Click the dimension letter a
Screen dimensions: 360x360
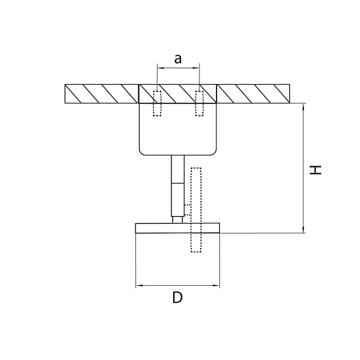(178, 58)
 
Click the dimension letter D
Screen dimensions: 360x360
(178, 297)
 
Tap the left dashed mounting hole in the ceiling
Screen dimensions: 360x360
(157, 103)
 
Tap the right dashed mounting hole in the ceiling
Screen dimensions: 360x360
(199, 103)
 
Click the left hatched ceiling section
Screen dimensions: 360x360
(102, 94)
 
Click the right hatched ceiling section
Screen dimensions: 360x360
(254, 94)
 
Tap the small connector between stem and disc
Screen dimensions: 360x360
(178, 218)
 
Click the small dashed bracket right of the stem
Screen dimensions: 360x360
(187, 210)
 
